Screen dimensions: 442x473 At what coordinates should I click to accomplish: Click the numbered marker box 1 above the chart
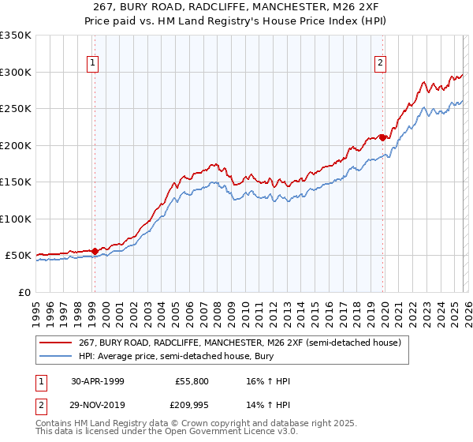93,64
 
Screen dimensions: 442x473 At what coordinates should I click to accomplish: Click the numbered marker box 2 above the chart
381,64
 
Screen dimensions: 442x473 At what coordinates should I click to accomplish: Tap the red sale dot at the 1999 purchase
95,251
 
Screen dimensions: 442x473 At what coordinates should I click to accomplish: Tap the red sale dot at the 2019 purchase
382,137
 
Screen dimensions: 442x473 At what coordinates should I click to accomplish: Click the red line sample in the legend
55,343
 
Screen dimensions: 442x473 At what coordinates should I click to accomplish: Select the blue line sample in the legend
55,356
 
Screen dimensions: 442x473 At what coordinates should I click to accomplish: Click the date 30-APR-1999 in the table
98,381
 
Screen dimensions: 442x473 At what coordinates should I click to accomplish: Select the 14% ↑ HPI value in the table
269,406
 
